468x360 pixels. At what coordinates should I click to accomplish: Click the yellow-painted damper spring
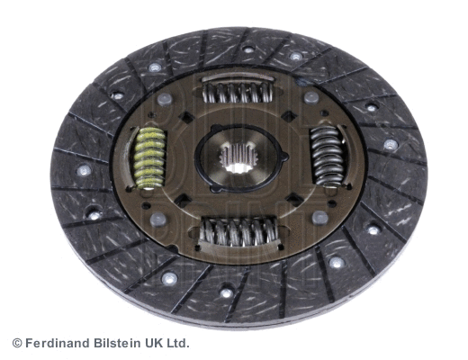coord(150,157)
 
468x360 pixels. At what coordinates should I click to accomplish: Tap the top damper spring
coord(238,92)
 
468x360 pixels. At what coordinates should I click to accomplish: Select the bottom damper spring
coord(239,231)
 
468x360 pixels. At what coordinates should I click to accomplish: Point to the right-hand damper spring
coord(327,155)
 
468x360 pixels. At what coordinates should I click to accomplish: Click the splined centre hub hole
coord(239,157)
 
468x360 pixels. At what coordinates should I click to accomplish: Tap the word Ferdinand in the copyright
coord(58,343)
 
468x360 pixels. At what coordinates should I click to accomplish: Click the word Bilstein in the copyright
coord(118,343)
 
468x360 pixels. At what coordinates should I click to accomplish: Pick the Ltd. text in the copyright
coord(178,343)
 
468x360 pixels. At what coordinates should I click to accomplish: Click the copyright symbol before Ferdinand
coord(17,343)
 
